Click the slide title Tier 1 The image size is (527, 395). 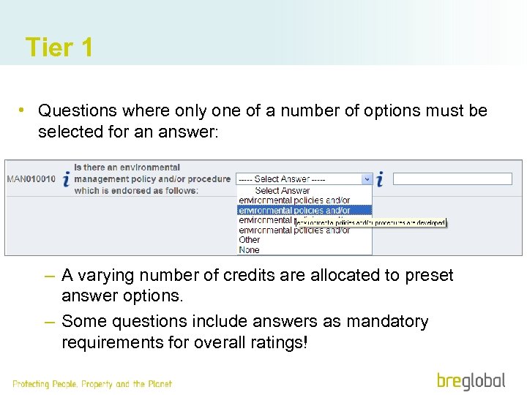click(x=59, y=48)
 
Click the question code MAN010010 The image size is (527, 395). click(x=31, y=178)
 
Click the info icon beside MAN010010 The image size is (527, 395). click(x=66, y=179)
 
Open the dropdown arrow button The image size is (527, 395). click(x=367, y=178)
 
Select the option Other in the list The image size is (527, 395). click(x=250, y=239)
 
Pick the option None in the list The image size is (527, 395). click(x=249, y=249)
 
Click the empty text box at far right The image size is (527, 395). click(x=452, y=178)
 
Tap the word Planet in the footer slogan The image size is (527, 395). click(x=159, y=384)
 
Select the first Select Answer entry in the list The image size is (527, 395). click(x=283, y=190)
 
